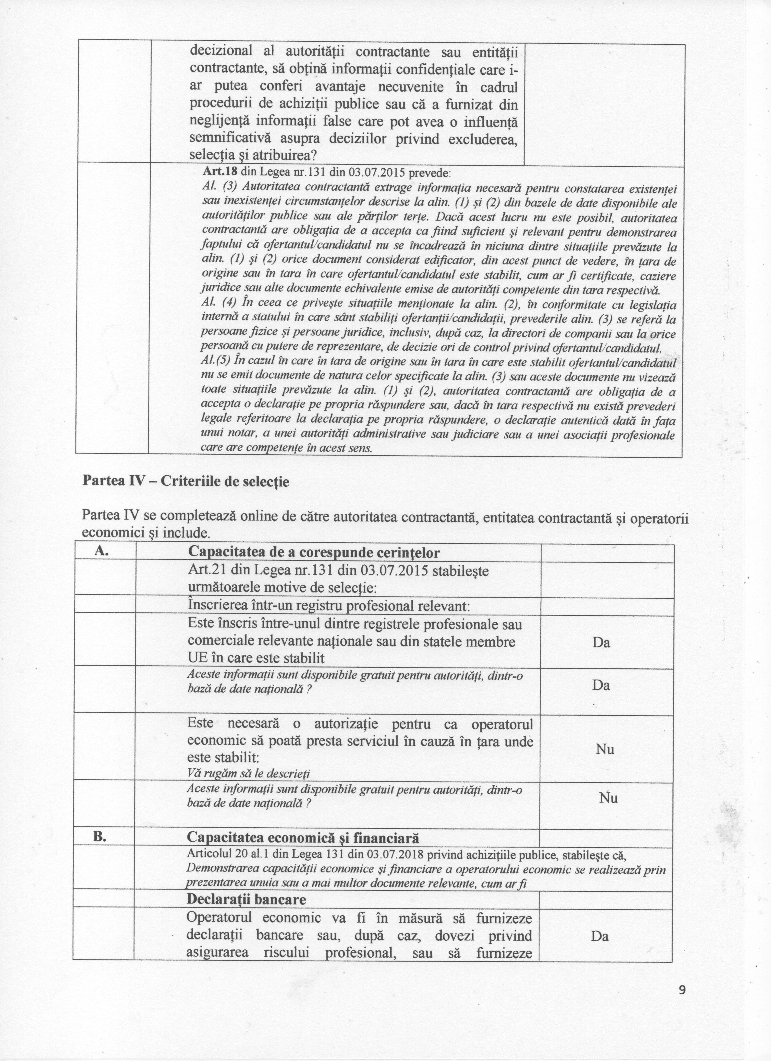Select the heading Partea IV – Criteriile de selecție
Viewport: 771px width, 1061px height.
185,481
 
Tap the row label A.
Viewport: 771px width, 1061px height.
102,551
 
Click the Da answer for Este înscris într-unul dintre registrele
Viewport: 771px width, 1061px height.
601,642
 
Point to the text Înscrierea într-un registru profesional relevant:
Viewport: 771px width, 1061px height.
328,606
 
